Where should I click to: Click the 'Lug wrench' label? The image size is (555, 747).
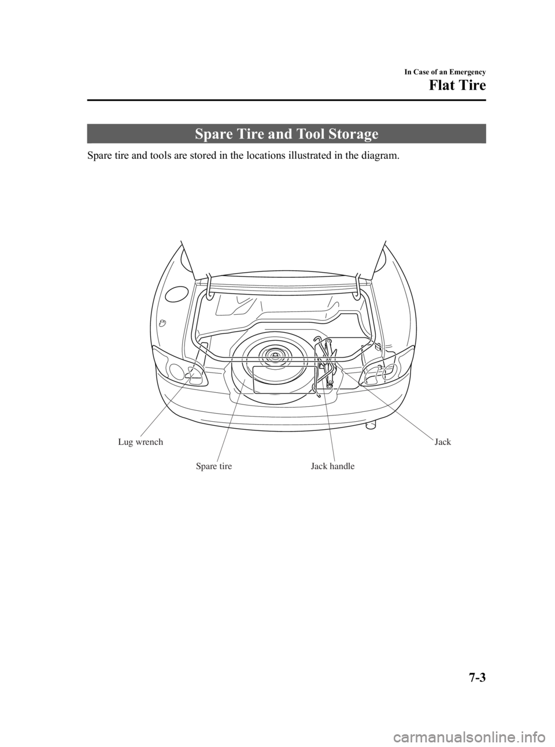point(140,442)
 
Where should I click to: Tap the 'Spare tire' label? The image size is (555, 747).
point(213,466)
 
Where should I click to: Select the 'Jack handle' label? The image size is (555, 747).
point(332,466)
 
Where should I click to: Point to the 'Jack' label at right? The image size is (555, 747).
point(442,442)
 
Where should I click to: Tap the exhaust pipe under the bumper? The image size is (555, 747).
point(370,426)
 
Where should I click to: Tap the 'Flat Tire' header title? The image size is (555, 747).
point(457,87)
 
